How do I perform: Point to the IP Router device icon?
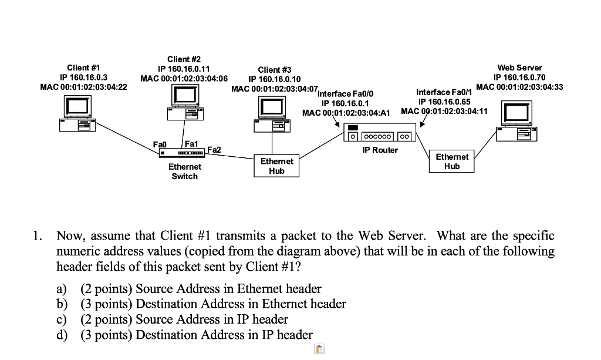379,135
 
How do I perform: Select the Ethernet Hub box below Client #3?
276,166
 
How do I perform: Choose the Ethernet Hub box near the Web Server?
452,162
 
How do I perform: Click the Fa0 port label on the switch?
160,144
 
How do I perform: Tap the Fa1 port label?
191,144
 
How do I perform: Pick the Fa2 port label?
214,150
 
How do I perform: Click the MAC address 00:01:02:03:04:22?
83,87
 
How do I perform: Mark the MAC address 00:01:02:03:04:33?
519,87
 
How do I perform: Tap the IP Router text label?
380,150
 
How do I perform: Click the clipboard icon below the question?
319,350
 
